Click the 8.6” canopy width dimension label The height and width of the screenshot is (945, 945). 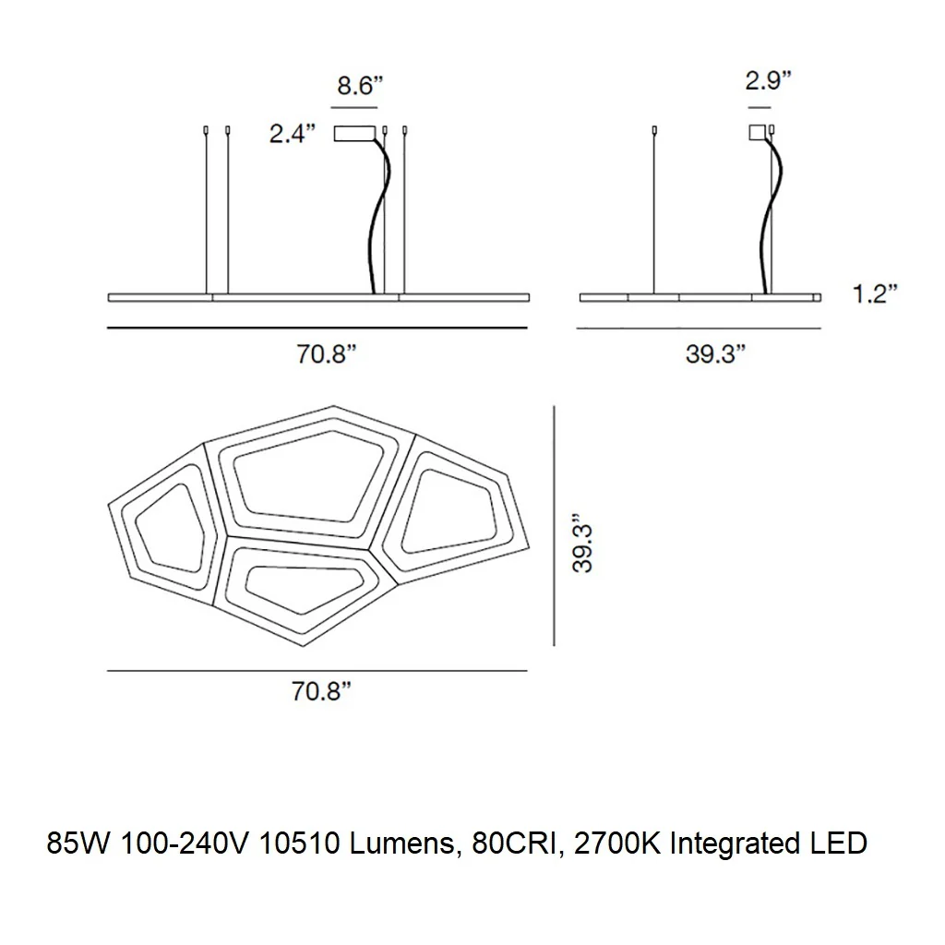(x=360, y=86)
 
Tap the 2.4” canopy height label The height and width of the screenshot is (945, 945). (x=293, y=134)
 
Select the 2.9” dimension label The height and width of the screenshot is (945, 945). (x=768, y=80)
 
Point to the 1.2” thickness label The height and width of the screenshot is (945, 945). (x=875, y=293)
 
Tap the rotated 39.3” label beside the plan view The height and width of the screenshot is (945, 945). (x=583, y=543)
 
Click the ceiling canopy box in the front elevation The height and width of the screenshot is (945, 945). (x=354, y=133)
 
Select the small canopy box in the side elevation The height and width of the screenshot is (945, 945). (x=757, y=132)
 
